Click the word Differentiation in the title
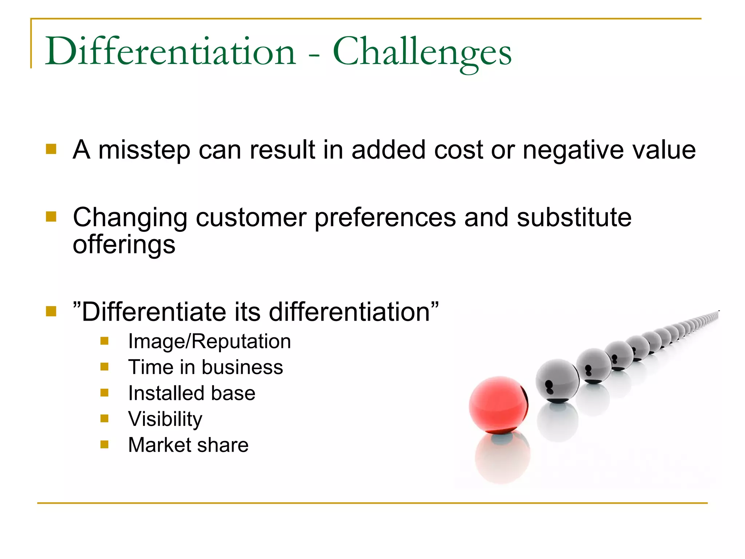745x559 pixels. click(x=170, y=52)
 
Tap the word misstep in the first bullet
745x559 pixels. click(x=144, y=150)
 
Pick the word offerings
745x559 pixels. click(x=124, y=245)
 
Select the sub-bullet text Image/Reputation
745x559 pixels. click(x=210, y=341)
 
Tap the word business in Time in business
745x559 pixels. click(x=242, y=367)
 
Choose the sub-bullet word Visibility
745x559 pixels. click(x=165, y=419)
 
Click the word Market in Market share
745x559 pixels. click(x=159, y=445)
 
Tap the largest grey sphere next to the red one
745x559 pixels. click(x=557, y=381)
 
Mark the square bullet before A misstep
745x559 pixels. click(x=51, y=149)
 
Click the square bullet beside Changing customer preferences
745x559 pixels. click(x=51, y=217)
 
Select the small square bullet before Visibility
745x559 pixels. click(x=104, y=419)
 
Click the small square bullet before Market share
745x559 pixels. click(x=104, y=444)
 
